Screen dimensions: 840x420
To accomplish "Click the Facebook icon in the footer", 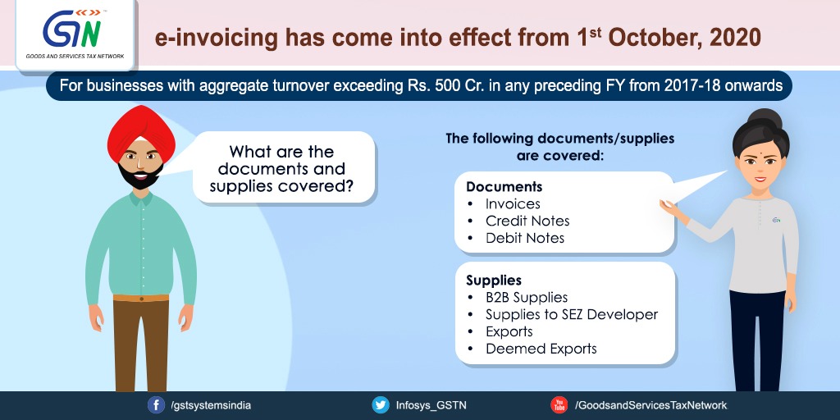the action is pos(156,405).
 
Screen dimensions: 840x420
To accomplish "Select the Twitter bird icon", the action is pos(381,405).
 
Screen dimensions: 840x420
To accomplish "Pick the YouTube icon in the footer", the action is pos(559,405).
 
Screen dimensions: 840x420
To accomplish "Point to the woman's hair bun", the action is pos(765,119).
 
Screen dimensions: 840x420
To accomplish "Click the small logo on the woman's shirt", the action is pos(776,220).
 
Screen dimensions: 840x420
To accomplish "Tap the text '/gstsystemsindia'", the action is pos(211,405).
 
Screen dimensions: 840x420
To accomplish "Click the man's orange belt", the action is pos(141,297).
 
